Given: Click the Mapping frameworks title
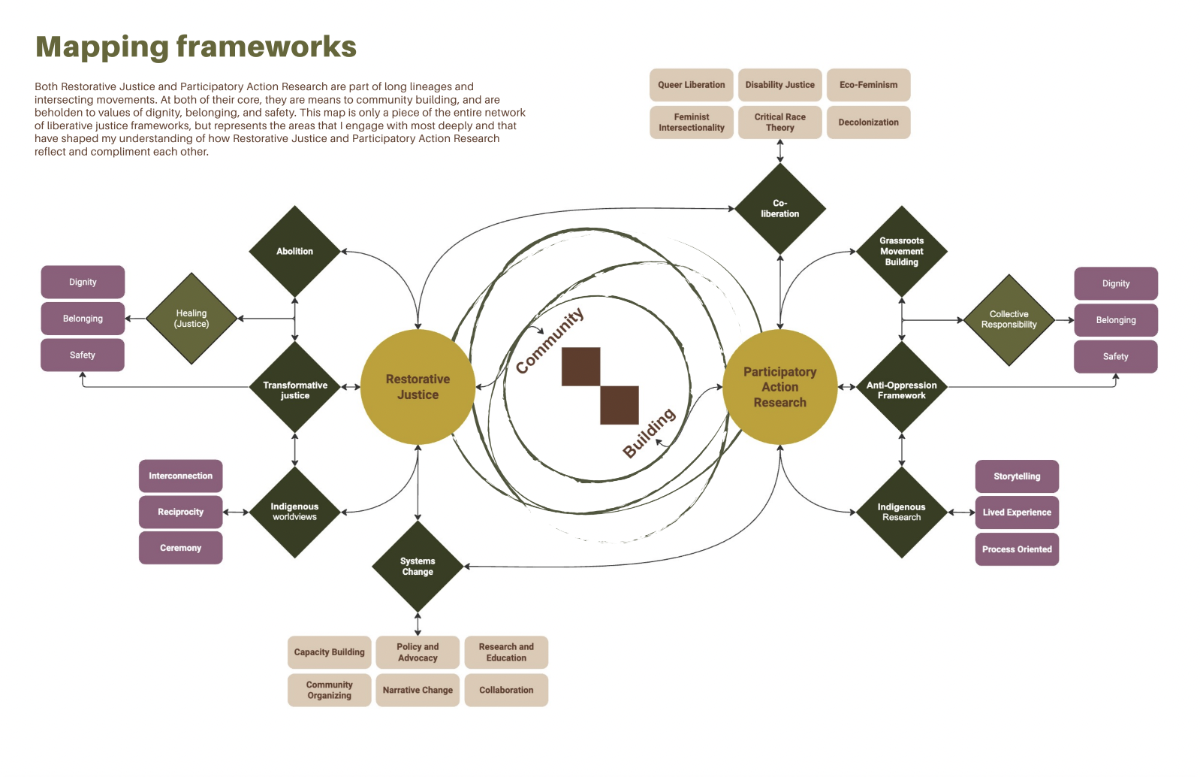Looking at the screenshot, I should point(196,47).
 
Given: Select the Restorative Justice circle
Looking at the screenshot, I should point(418,387).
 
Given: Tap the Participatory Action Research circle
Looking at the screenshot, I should point(779,387).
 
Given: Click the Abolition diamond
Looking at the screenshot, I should point(294,251).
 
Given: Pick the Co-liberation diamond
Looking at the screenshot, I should point(779,209).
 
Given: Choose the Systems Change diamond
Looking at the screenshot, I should point(418,567).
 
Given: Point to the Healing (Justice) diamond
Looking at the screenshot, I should point(191,319).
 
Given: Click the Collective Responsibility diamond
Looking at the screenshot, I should point(1009,320).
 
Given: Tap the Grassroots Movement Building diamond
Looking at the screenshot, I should point(901,252).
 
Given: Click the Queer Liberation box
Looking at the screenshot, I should point(691,85).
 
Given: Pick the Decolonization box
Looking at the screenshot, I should point(868,122).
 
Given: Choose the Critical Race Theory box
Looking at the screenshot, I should point(779,122).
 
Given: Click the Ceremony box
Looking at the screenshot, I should point(180,548).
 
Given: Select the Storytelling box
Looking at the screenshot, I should point(1017,476).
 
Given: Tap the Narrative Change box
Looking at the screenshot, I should point(418,690).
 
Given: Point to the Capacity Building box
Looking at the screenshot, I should point(329,652).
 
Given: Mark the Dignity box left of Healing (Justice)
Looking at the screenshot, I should point(83,283).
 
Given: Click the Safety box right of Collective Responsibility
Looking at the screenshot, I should point(1115,357).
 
